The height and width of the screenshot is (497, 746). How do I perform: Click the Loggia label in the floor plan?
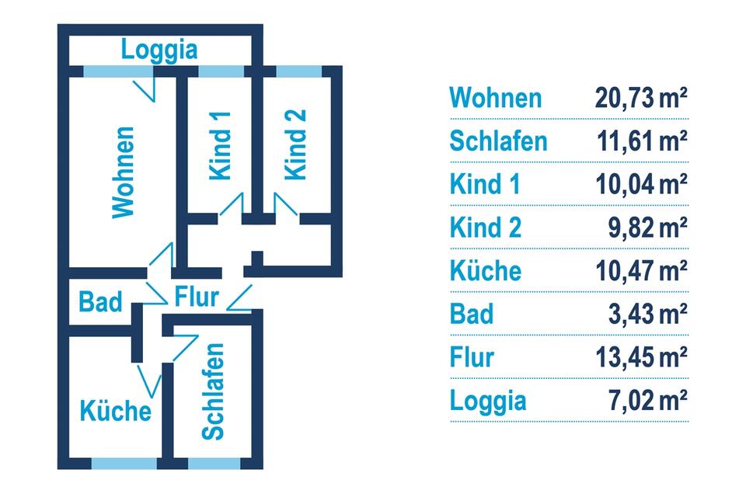[x=160, y=50]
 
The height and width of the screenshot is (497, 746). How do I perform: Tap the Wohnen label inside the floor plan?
[x=124, y=172]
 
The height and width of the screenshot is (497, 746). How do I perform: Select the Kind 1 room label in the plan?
[x=221, y=145]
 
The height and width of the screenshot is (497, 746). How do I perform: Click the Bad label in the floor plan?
[x=101, y=301]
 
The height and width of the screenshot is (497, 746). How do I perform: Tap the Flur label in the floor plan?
[x=197, y=297]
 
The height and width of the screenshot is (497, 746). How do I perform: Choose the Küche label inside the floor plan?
[x=116, y=409]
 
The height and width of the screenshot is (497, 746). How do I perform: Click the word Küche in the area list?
[x=486, y=271]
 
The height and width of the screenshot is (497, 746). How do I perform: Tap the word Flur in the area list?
[x=472, y=357]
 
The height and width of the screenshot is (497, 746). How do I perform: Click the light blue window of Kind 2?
[x=299, y=71]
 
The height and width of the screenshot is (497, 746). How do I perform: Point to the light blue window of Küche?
[x=113, y=464]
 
